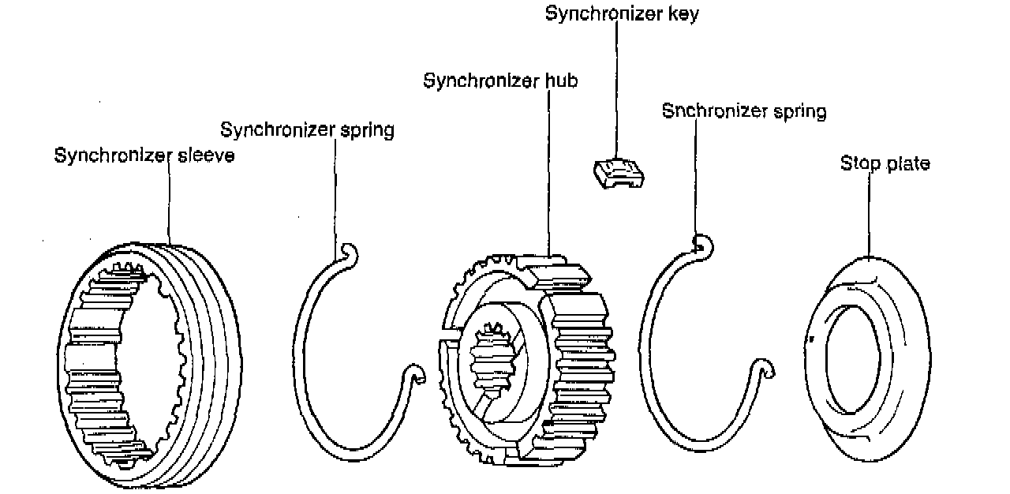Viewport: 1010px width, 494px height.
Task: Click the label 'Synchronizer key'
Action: tap(622, 14)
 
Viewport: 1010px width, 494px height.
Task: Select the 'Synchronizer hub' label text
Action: tap(500, 81)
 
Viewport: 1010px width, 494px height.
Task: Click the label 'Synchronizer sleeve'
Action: tap(144, 155)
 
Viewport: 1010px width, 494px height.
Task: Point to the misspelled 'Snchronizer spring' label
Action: tap(744, 111)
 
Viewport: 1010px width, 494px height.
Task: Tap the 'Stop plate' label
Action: tap(885, 163)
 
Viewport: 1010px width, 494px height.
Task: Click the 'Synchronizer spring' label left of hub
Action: tap(307, 129)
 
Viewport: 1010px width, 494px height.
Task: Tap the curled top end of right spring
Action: tap(702, 244)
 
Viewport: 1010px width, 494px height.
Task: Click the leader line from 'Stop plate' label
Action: tap(869, 213)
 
